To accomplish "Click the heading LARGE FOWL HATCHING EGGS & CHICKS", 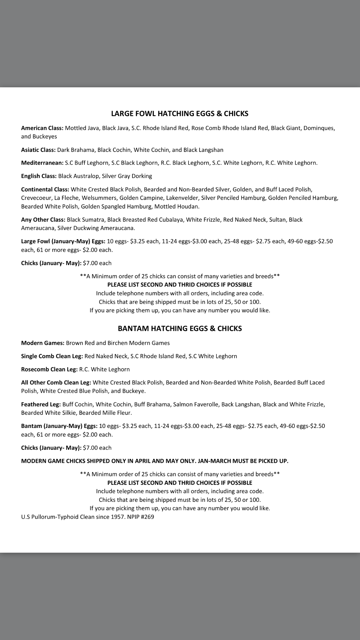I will click(x=180, y=114).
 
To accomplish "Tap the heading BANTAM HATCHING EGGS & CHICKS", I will click(x=180, y=328).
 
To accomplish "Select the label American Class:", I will click(x=42, y=128).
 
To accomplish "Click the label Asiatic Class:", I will click(x=38, y=150).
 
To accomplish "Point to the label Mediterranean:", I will click(x=42, y=163).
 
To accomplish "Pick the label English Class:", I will click(x=39, y=176).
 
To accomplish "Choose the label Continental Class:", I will click(x=45, y=190).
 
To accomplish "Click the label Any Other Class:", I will click(x=43, y=220).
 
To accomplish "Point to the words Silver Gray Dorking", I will click(x=127, y=176).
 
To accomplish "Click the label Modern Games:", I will click(x=43, y=343).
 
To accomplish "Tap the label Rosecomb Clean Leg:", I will click(x=49, y=370).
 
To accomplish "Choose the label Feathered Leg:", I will click(x=41, y=405).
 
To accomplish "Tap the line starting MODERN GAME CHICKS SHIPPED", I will click(x=155, y=461).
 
